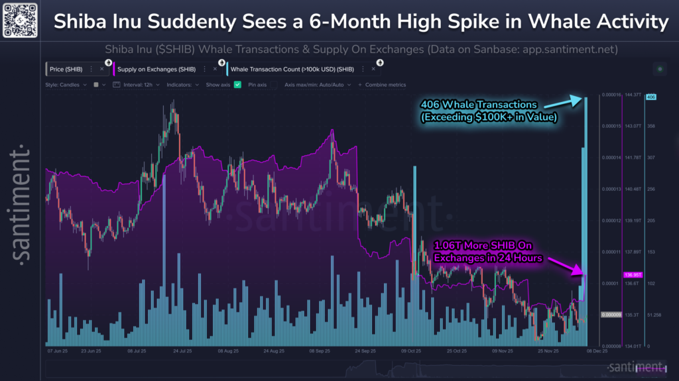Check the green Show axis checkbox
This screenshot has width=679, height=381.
point(238,85)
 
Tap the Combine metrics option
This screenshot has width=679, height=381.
point(383,85)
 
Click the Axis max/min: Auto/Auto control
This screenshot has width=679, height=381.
point(314,85)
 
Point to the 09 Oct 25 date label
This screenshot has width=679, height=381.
point(411,352)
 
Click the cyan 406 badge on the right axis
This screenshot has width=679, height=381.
point(650,97)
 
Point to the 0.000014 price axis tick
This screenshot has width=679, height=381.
point(610,158)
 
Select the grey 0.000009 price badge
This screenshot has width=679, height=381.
point(610,315)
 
